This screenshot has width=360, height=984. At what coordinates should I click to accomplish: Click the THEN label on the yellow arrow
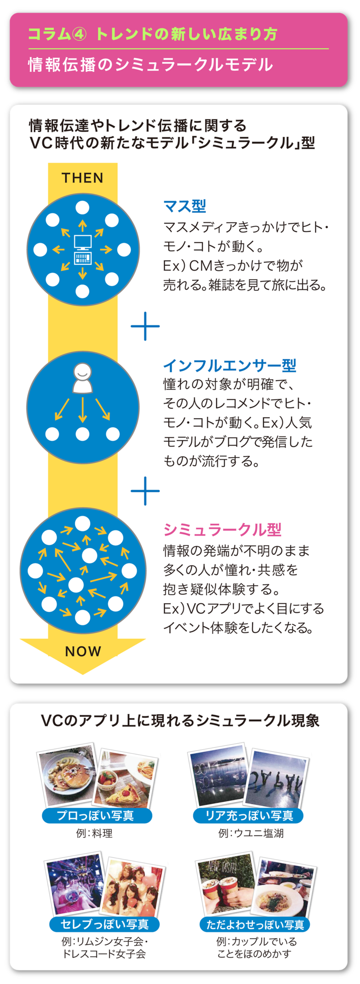tap(83, 178)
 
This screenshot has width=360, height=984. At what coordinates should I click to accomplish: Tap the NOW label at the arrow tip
tap(83, 651)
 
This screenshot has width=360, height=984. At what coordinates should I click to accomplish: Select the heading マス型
tap(184, 206)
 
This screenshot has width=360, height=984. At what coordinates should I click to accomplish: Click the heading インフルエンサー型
tap(230, 365)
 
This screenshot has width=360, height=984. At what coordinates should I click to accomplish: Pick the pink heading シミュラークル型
tap(222, 529)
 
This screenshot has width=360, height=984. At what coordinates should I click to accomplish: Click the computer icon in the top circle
tap(82, 250)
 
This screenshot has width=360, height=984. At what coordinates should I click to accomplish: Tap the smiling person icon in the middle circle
tap(83, 378)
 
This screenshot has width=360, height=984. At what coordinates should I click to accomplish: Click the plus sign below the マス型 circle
tap(145, 326)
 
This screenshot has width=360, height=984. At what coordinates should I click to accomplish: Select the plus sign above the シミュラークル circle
tap(145, 491)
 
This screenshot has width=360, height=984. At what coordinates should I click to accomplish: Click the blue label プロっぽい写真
tap(96, 816)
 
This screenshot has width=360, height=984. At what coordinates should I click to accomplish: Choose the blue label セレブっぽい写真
tap(104, 924)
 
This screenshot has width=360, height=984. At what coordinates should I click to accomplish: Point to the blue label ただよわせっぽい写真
tap(255, 924)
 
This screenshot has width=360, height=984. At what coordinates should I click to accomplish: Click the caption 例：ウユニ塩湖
tap(251, 833)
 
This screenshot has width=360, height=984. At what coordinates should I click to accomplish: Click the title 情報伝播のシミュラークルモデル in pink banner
tap(150, 64)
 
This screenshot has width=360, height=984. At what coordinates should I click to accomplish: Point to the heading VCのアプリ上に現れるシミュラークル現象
tap(180, 721)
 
